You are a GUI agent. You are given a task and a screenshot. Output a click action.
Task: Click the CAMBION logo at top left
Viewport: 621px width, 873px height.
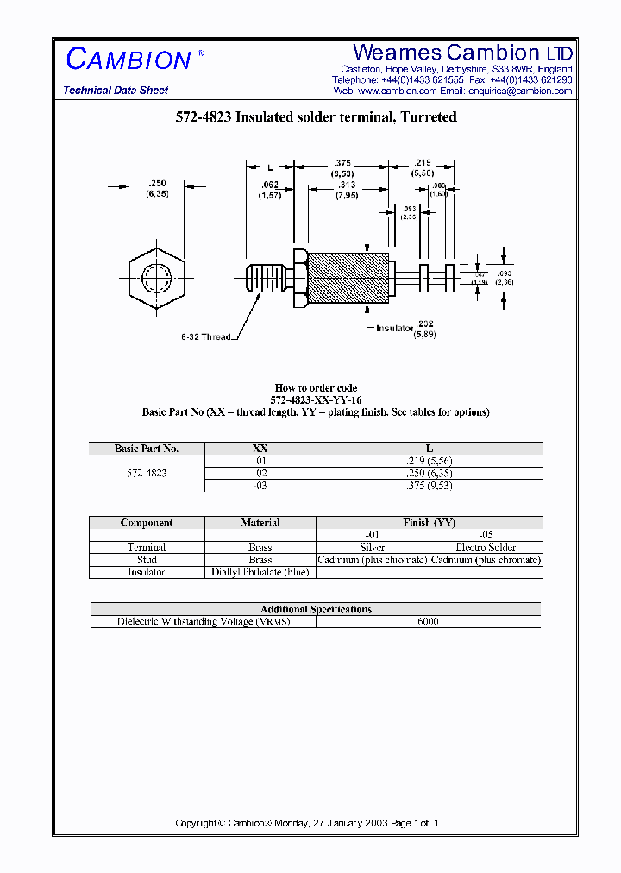pos(129,60)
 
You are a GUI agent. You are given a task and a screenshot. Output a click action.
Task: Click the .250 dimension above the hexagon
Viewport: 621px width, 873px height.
pos(157,183)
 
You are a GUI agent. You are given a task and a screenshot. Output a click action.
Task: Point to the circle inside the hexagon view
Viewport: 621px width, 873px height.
pos(156,277)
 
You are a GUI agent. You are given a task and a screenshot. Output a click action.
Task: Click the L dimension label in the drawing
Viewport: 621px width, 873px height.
pos(270,167)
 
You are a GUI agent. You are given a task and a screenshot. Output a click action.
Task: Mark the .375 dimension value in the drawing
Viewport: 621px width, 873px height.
pos(342,163)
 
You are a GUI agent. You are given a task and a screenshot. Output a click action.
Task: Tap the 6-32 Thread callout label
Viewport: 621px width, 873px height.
pos(206,336)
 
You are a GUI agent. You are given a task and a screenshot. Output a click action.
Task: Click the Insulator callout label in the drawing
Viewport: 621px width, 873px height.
pos(394,328)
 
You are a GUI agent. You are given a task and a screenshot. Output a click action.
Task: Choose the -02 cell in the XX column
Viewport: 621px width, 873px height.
pos(260,473)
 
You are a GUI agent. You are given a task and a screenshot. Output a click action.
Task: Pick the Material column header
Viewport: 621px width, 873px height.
pos(260,523)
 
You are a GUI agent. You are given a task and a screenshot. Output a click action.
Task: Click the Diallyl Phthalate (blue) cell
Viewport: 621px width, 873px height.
pos(260,572)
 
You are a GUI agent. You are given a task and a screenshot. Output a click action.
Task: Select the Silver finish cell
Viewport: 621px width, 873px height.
pos(372,548)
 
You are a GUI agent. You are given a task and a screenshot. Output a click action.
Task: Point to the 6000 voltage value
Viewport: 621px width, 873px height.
pos(428,621)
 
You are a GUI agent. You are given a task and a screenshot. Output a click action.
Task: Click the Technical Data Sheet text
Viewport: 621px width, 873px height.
pos(116,91)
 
